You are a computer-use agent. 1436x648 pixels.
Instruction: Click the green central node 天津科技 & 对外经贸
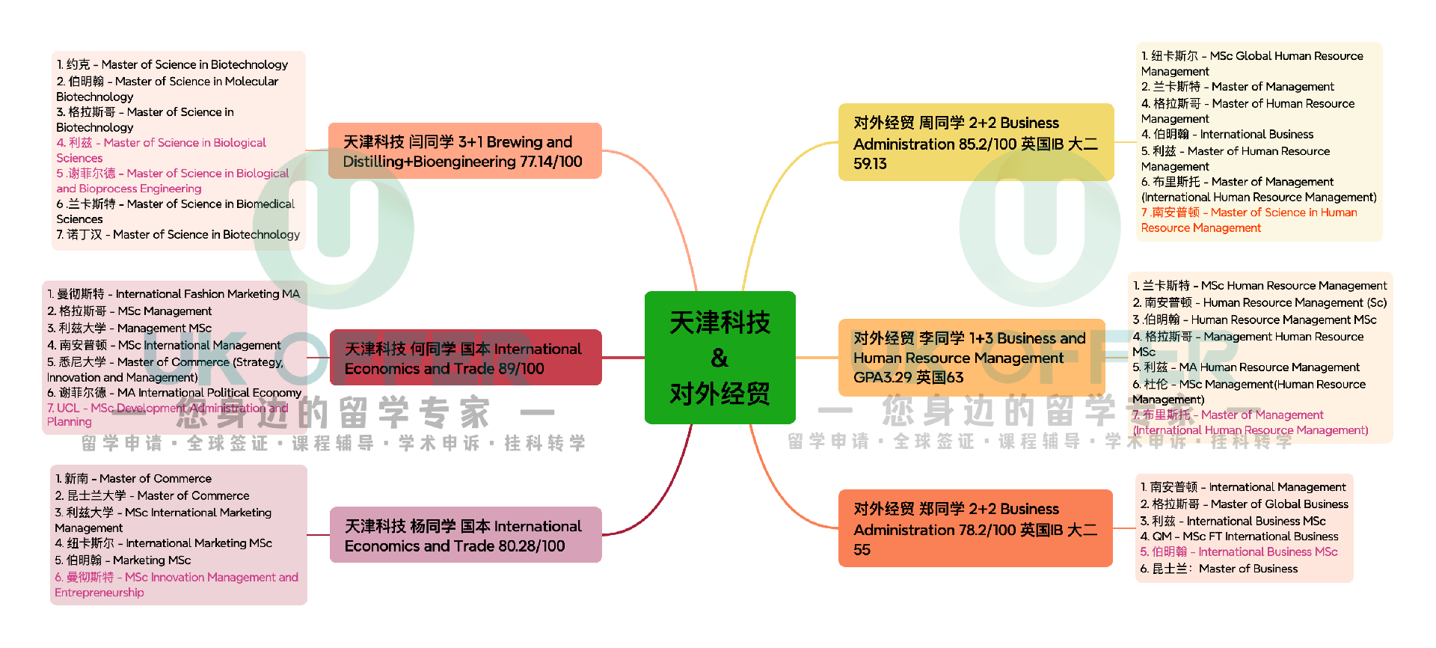[719, 358]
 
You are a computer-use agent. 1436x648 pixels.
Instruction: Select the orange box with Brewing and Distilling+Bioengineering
[464, 151]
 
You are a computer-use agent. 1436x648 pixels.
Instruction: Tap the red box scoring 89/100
[464, 358]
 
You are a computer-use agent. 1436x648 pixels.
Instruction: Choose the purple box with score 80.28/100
[464, 535]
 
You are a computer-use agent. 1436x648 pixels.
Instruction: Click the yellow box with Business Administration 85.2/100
[975, 142]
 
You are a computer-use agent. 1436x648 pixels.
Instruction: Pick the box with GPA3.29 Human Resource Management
[970, 358]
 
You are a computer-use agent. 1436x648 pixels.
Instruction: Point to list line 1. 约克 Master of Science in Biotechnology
[172, 64]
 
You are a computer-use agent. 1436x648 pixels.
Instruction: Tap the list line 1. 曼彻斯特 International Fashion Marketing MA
[173, 294]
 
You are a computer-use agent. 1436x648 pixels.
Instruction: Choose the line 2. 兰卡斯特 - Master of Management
[1237, 87]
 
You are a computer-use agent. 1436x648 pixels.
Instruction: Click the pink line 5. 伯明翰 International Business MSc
[1239, 551]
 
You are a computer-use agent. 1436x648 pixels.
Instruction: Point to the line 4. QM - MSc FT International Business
[1239, 537]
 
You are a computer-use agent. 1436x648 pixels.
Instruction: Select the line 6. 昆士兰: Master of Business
[1218, 569]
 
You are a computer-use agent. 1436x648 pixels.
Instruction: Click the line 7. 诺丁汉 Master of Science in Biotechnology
[178, 234]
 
